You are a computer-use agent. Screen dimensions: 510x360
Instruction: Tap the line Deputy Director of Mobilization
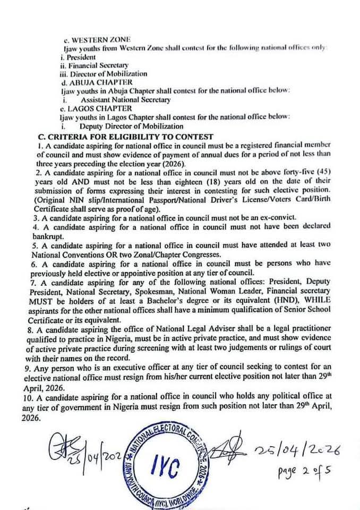point(131,126)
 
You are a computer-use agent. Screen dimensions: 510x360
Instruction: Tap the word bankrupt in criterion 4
point(48,235)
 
